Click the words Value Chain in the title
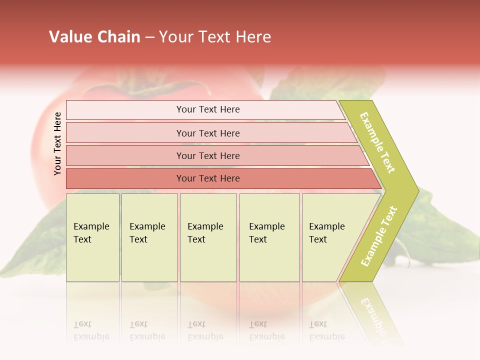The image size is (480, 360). (94, 37)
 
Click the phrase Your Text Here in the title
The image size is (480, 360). (215, 37)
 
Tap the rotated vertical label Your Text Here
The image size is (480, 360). (57, 143)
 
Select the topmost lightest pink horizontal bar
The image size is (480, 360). (207, 109)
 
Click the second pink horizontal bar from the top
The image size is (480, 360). (207, 133)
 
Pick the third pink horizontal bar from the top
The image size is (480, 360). (207, 155)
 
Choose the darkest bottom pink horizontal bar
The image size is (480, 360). (207, 178)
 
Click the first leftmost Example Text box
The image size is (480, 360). (92, 237)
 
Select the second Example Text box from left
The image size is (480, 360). (149, 237)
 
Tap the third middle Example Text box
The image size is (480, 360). (208, 237)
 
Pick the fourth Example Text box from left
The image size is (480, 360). (269, 237)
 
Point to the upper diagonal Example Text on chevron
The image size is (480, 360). (377, 142)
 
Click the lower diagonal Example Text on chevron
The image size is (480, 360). (378, 236)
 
